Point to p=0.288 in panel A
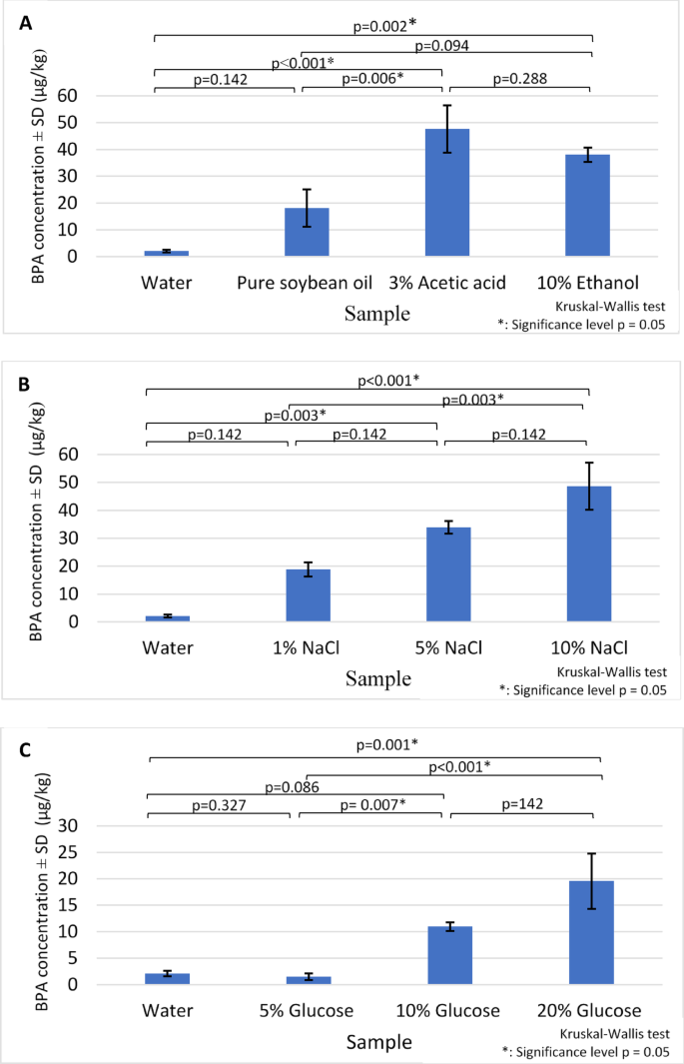pyautogui.click(x=519, y=79)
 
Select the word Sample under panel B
pyautogui.click(x=377, y=679)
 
